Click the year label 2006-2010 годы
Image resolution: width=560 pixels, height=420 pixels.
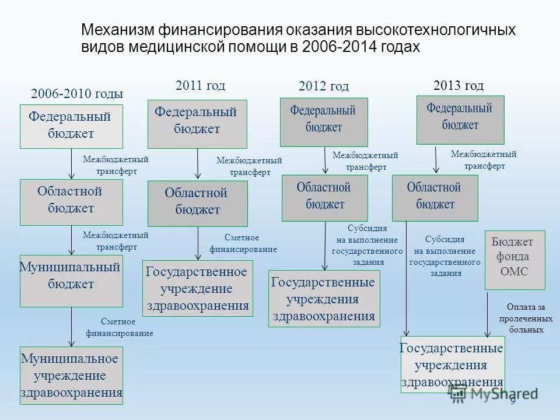pyautogui.click(x=76, y=94)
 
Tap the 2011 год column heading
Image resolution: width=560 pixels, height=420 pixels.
pyautogui.click(x=200, y=86)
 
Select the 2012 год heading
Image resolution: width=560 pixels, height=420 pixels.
pyautogui.click(x=323, y=86)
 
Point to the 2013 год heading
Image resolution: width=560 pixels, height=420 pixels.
pyautogui.click(x=459, y=86)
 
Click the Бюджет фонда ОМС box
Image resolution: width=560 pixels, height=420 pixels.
pyautogui.click(x=514, y=260)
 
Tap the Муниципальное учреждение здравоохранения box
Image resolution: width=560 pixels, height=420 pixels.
pyautogui.click(x=71, y=375)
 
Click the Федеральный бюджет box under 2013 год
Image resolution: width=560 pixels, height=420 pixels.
pyautogui.click(x=460, y=120)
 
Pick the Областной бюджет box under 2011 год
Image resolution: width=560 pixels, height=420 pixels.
pyautogui.click(x=197, y=203)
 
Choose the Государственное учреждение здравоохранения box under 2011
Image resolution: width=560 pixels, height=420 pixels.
pyautogui.click(x=198, y=288)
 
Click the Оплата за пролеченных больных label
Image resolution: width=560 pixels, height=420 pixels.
pyautogui.click(x=526, y=318)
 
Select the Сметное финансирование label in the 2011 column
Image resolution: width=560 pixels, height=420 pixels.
pyautogui.click(x=243, y=243)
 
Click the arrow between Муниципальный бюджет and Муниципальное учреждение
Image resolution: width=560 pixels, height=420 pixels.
pyautogui.click(x=72, y=327)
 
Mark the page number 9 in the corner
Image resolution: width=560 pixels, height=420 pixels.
pyautogui.click(x=513, y=401)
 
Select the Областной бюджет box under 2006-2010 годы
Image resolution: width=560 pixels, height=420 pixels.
pyautogui.click(x=71, y=202)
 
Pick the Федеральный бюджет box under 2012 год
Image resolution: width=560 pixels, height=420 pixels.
pyautogui.click(x=324, y=122)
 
